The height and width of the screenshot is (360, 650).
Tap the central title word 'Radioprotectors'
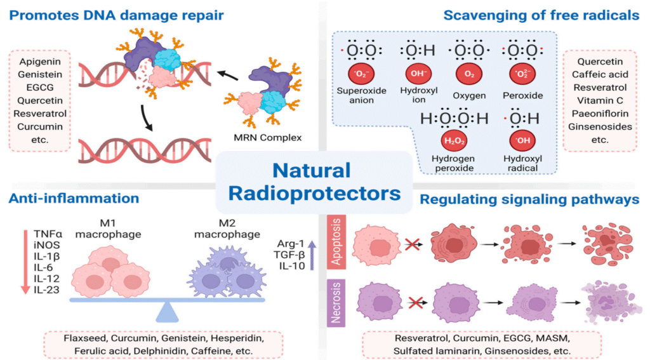tap(314, 192)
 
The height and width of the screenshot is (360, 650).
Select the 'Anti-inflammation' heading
tap(74, 199)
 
